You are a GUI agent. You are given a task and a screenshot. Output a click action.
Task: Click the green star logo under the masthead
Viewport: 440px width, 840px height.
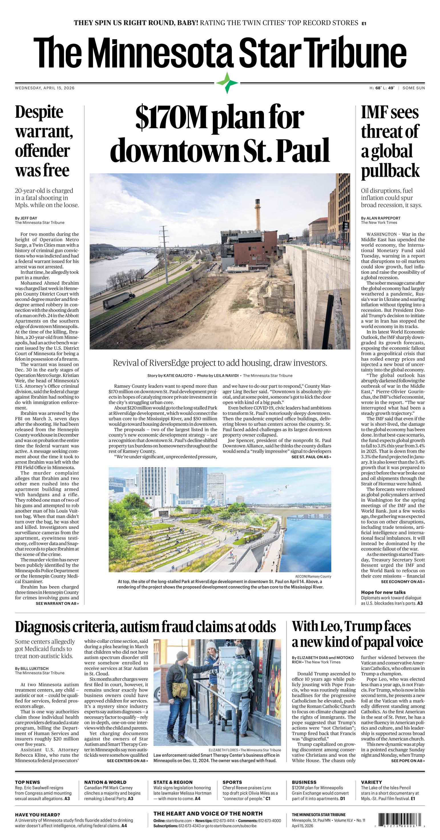click(x=227, y=83)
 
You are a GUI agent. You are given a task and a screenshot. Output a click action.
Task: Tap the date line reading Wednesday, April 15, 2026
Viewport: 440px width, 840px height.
click(x=45, y=88)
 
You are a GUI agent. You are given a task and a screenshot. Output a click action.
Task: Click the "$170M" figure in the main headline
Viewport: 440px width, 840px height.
click(x=172, y=118)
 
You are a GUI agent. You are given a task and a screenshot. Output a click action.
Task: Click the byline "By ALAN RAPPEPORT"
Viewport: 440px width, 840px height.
click(x=381, y=218)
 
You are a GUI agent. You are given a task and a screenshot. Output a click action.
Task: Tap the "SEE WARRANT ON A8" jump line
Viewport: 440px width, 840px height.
click(x=57, y=603)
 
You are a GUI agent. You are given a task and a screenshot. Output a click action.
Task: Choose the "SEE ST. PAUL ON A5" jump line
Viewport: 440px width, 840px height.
click(x=311, y=457)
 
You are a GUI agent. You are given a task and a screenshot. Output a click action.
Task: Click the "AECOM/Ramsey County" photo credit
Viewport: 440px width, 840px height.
click(x=313, y=576)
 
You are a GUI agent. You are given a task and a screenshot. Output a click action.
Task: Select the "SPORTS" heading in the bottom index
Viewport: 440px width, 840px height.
click(x=232, y=782)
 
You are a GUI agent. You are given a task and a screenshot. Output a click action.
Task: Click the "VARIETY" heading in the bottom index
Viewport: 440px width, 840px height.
click(x=372, y=782)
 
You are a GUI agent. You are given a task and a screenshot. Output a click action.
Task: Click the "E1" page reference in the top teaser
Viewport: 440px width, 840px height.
click(x=364, y=23)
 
